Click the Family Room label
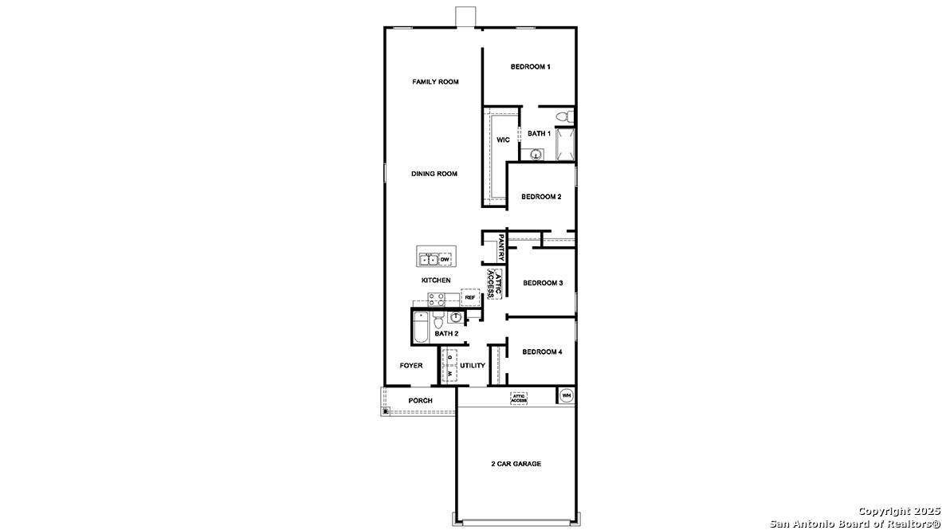pos(435,82)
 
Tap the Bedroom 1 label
pos(530,67)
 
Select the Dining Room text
pos(434,174)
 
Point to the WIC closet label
pos(503,140)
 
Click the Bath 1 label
pos(539,134)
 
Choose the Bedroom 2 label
pos(542,197)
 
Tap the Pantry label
pos(501,247)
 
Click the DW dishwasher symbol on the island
pos(445,260)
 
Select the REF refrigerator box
pos(470,297)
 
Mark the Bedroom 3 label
pos(543,283)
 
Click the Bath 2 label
pos(446,334)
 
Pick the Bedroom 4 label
pos(543,351)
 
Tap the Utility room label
pos(473,366)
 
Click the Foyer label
pos(411,366)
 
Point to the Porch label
pos(420,401)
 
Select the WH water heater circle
pos(567,395)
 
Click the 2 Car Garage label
pos(516,464)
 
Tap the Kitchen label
pos(436,281)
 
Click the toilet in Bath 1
pos(564,118)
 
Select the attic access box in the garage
pos(519,397)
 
